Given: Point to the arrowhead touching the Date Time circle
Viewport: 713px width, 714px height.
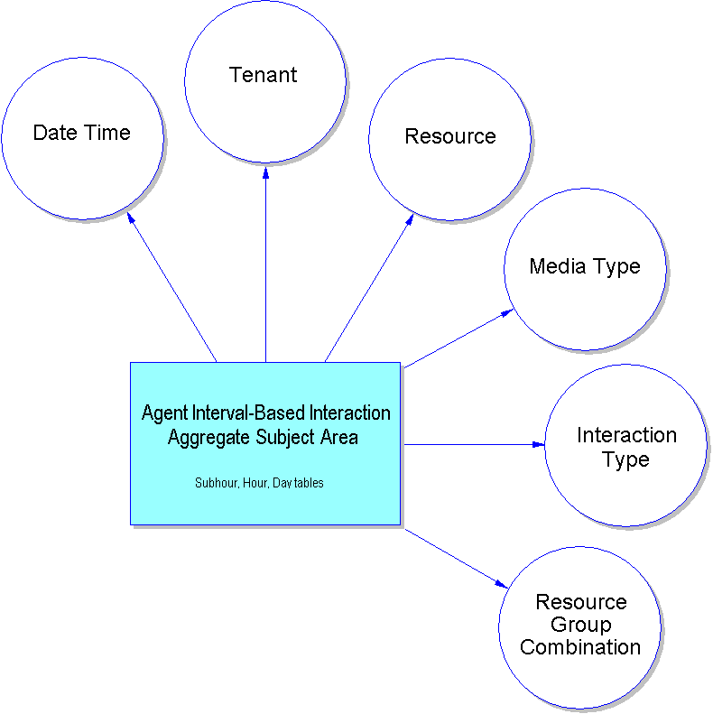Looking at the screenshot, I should [x=132, y=218].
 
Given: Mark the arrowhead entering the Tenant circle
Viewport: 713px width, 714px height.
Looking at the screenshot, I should [x=265, y=171].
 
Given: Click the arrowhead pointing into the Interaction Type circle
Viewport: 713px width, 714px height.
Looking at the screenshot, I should [x=539, y=444].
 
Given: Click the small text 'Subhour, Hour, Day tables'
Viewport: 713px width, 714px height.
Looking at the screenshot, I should [x=259, y=484].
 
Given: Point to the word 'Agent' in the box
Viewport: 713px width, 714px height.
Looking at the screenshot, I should [x=164, y=413].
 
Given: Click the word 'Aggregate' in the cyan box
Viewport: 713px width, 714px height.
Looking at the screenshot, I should [x=205, y=438].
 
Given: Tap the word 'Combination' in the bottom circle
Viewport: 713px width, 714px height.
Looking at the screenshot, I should [x=580, y=648].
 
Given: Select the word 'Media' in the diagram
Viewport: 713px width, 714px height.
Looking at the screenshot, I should [x=555, y=267].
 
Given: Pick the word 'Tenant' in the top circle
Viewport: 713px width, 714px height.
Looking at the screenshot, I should [x=264, y=75].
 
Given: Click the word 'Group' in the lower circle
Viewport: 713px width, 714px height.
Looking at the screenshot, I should [x=580, y=625].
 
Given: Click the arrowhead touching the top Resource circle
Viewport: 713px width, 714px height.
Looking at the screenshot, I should [x=409, y=219].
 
